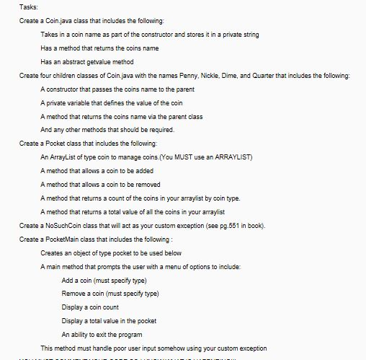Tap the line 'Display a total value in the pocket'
click(x=115, y=321)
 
